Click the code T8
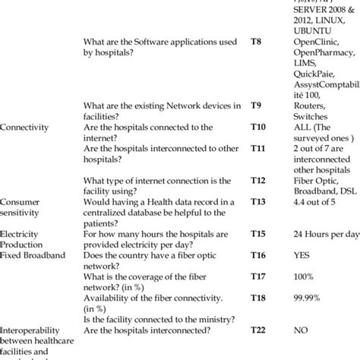(x=258, y=44)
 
